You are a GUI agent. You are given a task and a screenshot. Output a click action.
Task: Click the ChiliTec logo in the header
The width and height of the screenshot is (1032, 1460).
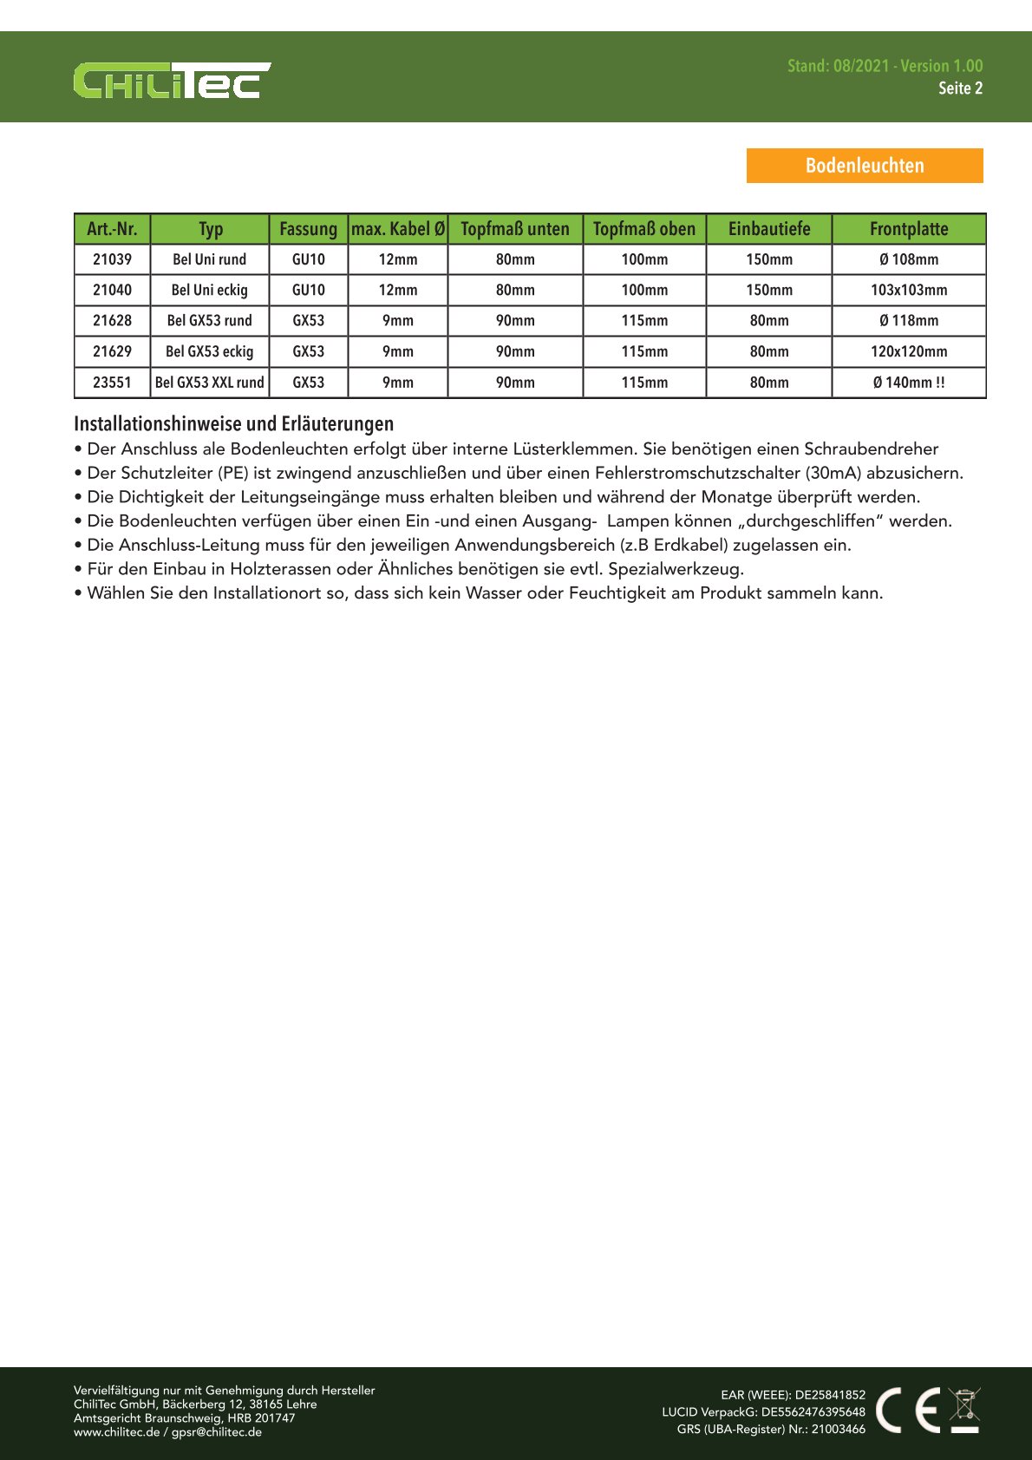[172, 80]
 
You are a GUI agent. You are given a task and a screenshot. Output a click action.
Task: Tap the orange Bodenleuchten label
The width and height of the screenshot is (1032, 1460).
[865, 166]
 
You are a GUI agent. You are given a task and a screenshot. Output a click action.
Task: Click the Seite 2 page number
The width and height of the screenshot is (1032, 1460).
[960, 88]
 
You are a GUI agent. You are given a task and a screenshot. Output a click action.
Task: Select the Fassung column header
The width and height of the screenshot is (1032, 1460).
[308, 229]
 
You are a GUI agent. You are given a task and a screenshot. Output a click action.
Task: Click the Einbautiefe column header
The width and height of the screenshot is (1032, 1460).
[769, 229]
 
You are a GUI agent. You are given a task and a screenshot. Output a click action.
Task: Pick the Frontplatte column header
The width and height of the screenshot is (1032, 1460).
[909, 229]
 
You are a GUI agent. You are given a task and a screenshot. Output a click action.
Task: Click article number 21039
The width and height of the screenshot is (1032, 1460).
[112, 259]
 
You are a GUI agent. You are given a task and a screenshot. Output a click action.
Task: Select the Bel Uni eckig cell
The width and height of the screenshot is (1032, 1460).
[209, 290]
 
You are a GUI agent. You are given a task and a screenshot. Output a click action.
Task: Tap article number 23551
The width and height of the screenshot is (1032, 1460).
[112, 383]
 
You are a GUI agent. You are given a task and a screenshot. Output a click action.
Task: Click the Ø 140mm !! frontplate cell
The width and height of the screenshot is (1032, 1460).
[909, 383]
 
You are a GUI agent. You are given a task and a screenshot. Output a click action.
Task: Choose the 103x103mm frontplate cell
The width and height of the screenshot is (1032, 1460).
[909, 290]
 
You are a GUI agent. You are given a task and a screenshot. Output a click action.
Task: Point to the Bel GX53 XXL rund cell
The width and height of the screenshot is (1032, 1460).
[209, 383]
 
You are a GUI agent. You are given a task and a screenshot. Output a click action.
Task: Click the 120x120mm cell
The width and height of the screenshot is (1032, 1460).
[909, 351]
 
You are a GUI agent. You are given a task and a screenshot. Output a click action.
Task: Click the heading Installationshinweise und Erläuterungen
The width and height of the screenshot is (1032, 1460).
[233, 424]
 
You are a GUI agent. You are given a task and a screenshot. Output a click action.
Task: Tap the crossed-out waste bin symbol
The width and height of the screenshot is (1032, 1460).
[964, 1410]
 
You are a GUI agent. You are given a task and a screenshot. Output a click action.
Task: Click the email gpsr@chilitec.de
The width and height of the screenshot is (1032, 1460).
[217, 1432]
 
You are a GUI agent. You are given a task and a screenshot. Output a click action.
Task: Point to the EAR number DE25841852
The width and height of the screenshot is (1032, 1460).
[830, 1395]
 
